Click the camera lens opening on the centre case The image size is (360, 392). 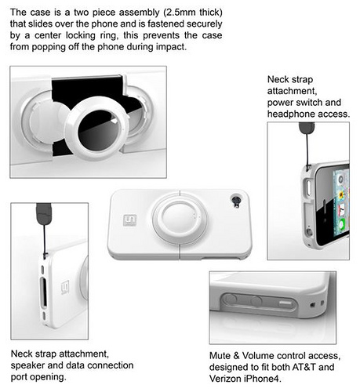pyautogui.click(x=236, y=201)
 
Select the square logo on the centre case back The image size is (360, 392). pyautogui.click(x=130, y=220)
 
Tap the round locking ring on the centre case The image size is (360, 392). pyautogui.click(x=180, y=217)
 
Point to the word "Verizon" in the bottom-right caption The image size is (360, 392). pyautogui.click(x=226, y=379)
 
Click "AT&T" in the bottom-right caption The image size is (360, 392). pyautogui.click(x=303, y=367)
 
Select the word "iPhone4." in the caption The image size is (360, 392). pyautogui.click(x=264, y=379)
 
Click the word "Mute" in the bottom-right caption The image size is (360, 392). pyautogui.click(x=220, y=356)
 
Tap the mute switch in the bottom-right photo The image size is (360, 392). pyautogui.click(x=286, y=303)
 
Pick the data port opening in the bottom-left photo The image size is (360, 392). pyautogui.click(x=44, y=292)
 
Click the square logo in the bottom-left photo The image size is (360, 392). pyautogui.click(x=65, y=288)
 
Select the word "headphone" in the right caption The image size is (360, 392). pyautogui.click(x=291, y=114)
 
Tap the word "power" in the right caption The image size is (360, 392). pyautogui.click(x=279, y=103)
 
